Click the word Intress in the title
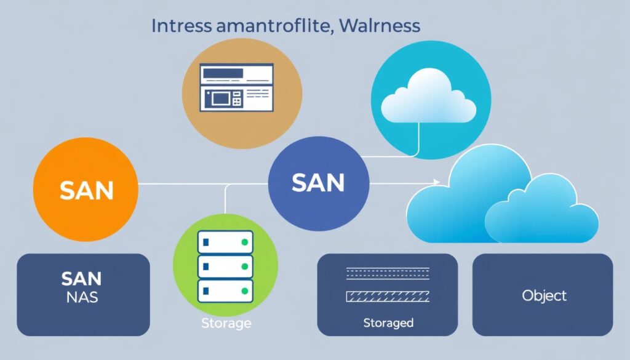(179, 26)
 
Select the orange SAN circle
(86, 190)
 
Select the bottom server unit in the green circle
(225, 289)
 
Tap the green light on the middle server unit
(245, 266)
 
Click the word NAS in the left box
(80, 298)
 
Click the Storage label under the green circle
(225, 323)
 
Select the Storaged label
(388, 322)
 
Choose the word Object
(544, 295)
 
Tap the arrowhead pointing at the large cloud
(436, 182)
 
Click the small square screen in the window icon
(218, 97)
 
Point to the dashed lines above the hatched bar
(388, 273)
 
